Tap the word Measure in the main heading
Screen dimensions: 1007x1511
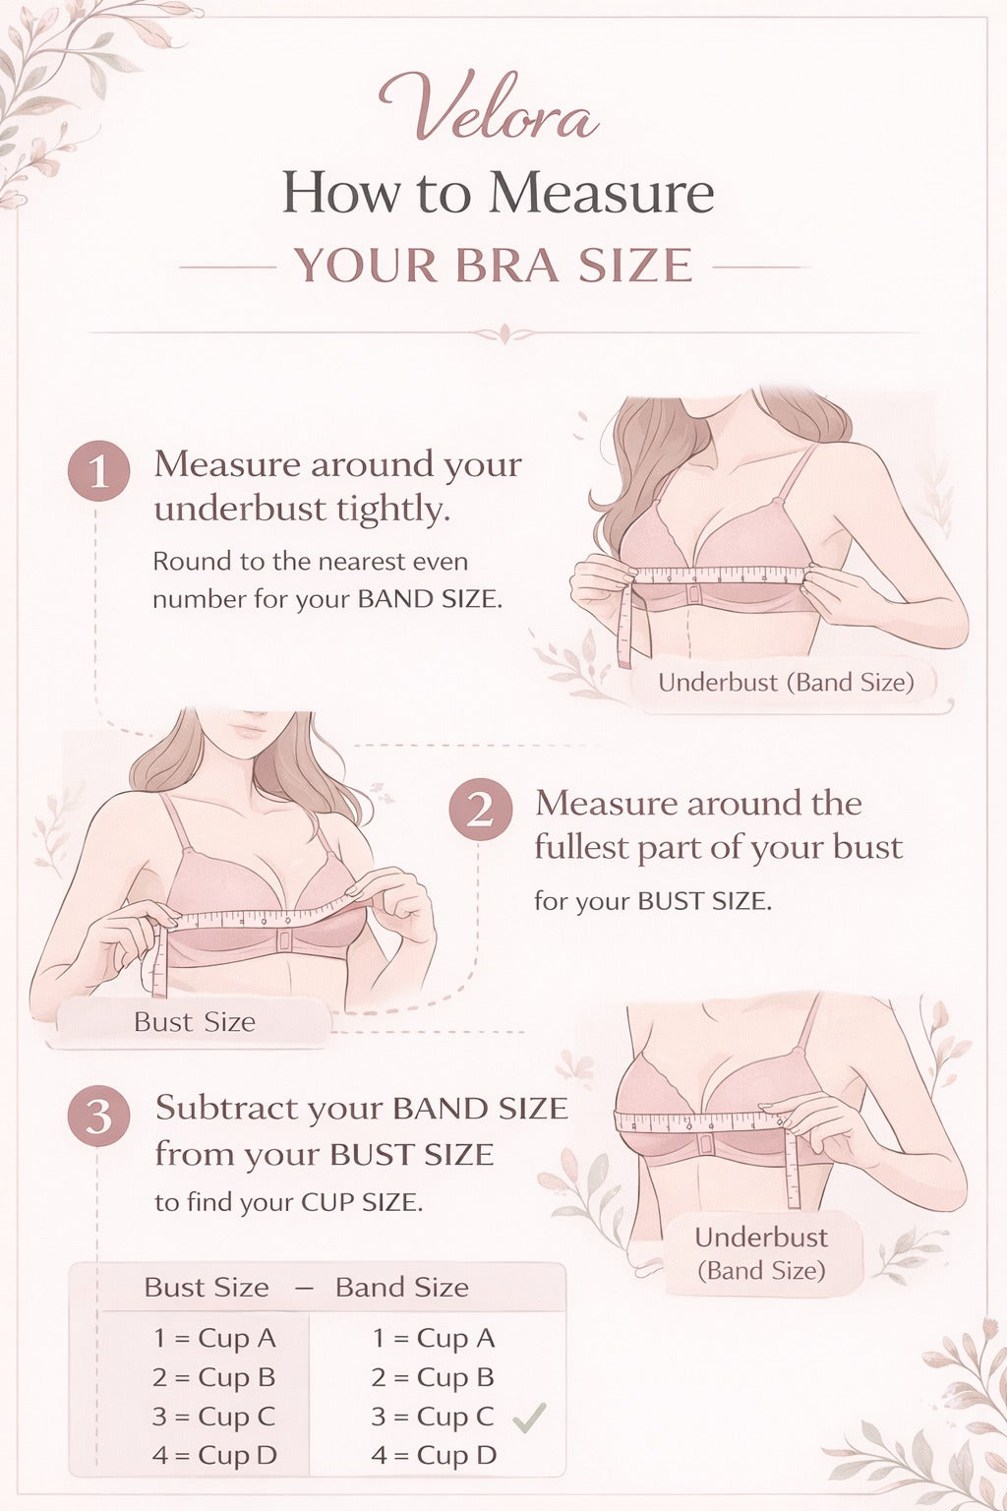(x=601, y=193)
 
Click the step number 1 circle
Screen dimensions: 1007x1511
(x=99, y=471)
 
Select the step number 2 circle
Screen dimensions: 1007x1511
(x=480, y=809)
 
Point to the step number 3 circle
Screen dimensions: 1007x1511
(x=98, y=1116)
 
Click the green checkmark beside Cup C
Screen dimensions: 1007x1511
(x=529, y=1418)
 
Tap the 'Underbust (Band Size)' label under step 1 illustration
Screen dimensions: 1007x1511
(x=786, y=682)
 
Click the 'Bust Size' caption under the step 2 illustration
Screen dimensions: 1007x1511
(x=195, y=1022)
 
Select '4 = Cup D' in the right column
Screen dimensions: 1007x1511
(x=434, y=1455)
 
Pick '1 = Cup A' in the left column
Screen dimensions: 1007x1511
(x=214, y=1338)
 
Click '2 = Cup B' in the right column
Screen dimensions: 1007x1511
(x=433, y=1377)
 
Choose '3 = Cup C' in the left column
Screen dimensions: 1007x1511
(x=213, y=1417)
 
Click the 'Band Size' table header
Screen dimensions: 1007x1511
(x=402, y=1288)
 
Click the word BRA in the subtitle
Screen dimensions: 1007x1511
(x=507, y=265)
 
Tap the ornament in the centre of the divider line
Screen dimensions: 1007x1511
(x=503, y=333)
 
